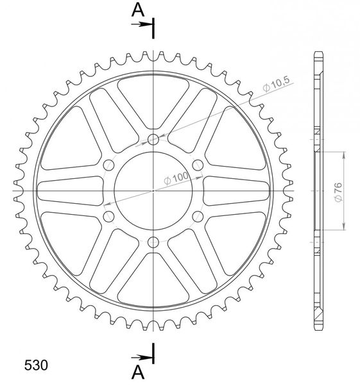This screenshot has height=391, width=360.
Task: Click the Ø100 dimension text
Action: click(x=176, y=178)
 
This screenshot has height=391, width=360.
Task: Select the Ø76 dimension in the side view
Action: click(x=339, y=192)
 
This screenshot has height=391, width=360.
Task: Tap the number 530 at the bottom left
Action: click(x=36, y=365)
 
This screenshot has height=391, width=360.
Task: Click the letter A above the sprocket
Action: click(x=138, y=10)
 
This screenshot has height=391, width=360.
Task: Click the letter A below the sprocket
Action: click(x=138, y=372)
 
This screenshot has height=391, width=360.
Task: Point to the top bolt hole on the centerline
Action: click(x=153, y=139)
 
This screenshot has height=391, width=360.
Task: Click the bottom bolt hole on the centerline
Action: click(x=153, y=242)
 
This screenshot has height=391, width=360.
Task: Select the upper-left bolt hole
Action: click(x=109, y=165)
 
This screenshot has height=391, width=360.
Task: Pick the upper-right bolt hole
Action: click(x=198, y=165)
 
